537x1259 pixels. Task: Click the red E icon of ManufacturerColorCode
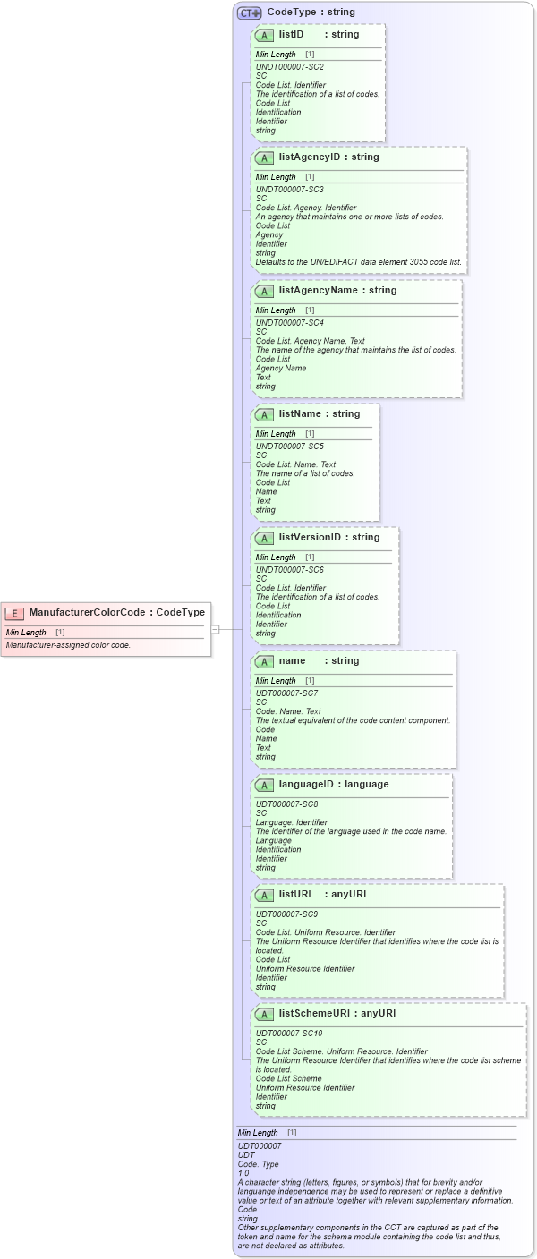click(14, 613)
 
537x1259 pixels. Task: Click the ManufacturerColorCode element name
click(87, 613)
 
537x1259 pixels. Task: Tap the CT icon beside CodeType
click(249, 13)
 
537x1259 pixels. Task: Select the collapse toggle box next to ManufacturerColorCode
click(215, 629)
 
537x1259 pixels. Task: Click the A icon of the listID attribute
click(264, 35)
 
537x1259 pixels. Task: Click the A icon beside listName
click(264, 414)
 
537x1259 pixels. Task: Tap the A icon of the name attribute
click(264, 661)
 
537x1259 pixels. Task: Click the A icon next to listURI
click(264, 895)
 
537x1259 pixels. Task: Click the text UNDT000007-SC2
click(290, 67)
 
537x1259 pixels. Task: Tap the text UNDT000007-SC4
click(290, 323)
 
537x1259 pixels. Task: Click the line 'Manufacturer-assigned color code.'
click(68, 645)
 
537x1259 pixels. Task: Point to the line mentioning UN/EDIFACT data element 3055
click(358, 262)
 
